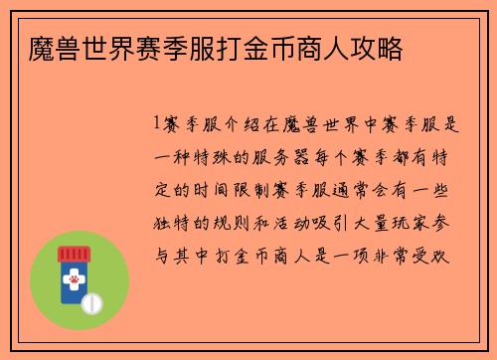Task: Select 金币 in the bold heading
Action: (283, 49)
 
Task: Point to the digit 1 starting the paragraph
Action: (157, 124)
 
